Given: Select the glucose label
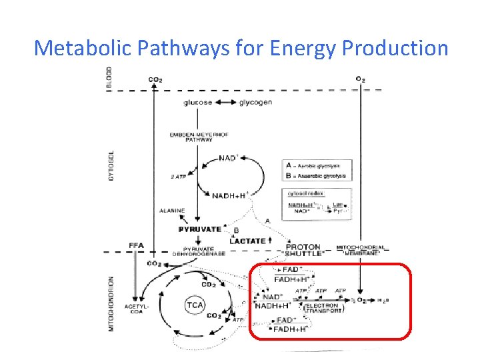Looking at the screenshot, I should (199, 103).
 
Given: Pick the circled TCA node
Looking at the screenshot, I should (195, 305).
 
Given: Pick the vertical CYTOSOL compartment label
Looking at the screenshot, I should (111, 163).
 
